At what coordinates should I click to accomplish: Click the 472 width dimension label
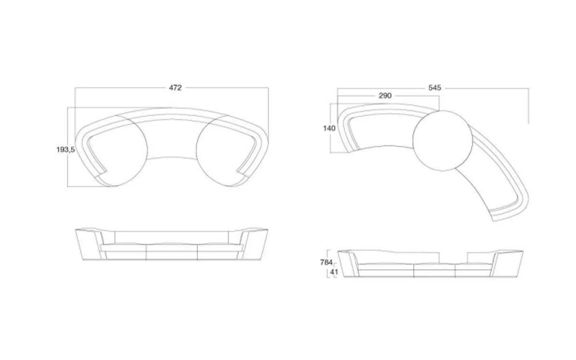pos(175,88)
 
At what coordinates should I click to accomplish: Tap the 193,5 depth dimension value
pos(66,150)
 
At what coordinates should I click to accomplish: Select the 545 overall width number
pos(434,88)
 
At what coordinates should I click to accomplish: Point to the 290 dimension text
pos(385,96)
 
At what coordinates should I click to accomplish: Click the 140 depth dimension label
pos(329,128)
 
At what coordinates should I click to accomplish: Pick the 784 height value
pos(326,262)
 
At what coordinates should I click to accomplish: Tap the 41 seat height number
pos(334,272)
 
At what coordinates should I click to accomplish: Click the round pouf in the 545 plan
pos(442,141)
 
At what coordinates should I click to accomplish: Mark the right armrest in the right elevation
pos(506,263)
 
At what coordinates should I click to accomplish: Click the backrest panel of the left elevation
pos(172,237)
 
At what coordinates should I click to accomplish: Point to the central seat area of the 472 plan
pos(172,139)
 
